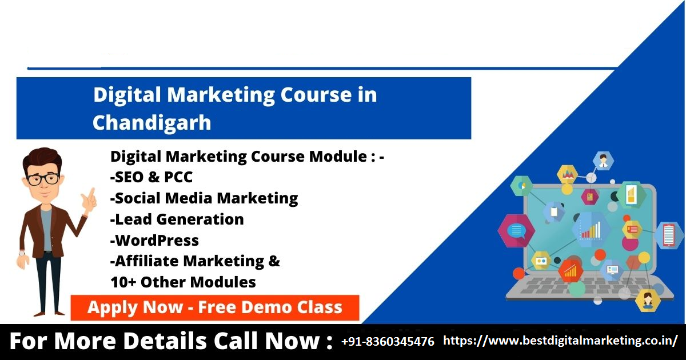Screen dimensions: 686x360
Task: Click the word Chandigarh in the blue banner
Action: point(152,123)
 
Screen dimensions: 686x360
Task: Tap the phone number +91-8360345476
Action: point(388,341)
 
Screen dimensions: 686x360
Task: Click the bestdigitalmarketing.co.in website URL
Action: point(560,341)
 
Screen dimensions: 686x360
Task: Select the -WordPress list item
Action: point(155,241)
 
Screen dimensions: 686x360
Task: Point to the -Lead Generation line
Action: point(177,219)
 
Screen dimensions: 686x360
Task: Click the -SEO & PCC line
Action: point(151,177)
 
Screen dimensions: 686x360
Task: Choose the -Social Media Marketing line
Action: point(204,198)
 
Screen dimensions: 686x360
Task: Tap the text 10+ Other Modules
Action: point(183,282)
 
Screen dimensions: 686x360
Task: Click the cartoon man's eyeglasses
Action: point(43,179)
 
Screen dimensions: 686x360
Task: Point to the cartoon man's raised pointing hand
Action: point(89,201)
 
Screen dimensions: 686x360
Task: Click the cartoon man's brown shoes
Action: point(49,314)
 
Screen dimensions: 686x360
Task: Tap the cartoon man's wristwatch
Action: point(22,254)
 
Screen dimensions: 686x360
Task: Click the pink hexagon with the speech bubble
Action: point(516,230)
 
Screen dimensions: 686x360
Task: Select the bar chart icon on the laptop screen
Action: point(591,230)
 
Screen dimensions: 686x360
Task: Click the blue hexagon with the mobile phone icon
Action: point(669,235)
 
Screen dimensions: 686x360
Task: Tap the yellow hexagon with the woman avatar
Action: point(647,301)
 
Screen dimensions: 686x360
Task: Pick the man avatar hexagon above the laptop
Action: point(603,161)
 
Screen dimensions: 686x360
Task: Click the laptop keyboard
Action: point(589,287)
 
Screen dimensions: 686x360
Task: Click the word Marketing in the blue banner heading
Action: point(221,95)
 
